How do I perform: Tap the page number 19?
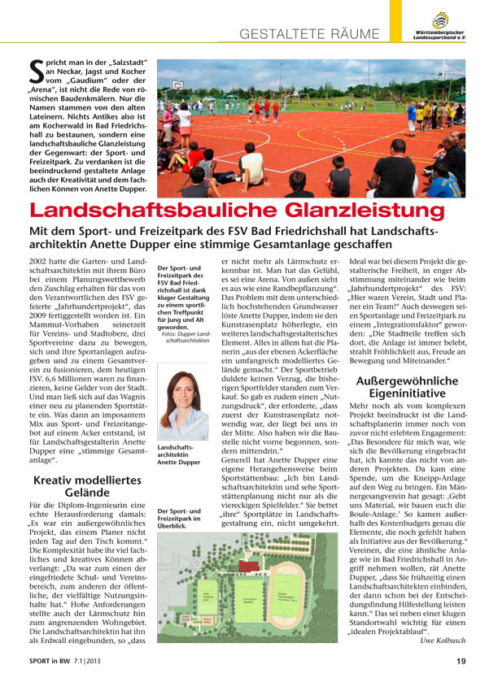460,683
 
